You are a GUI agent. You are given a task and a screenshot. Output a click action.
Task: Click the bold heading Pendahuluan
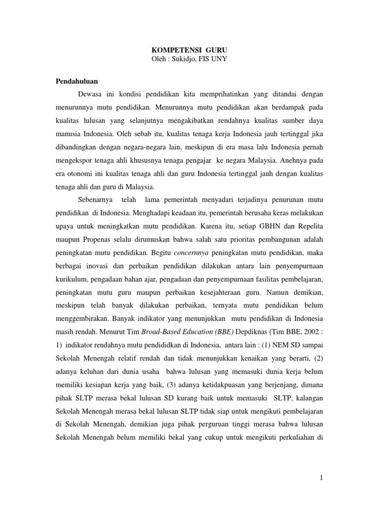coord(75,80)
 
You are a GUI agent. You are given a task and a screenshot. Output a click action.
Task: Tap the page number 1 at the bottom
coord(321,477)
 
